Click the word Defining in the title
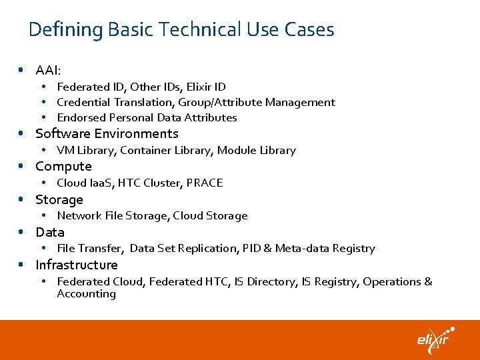click(65, 30)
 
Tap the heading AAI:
click(48, 70)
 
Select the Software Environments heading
click(107, 134)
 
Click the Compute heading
click(63, 167)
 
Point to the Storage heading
click(59, 200)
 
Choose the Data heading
click(50, 233)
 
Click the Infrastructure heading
click(77, 265)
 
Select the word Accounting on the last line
click(86, 294)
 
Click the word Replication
click(207, 249)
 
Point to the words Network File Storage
click(111, 216)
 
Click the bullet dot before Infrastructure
click(21, 265)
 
